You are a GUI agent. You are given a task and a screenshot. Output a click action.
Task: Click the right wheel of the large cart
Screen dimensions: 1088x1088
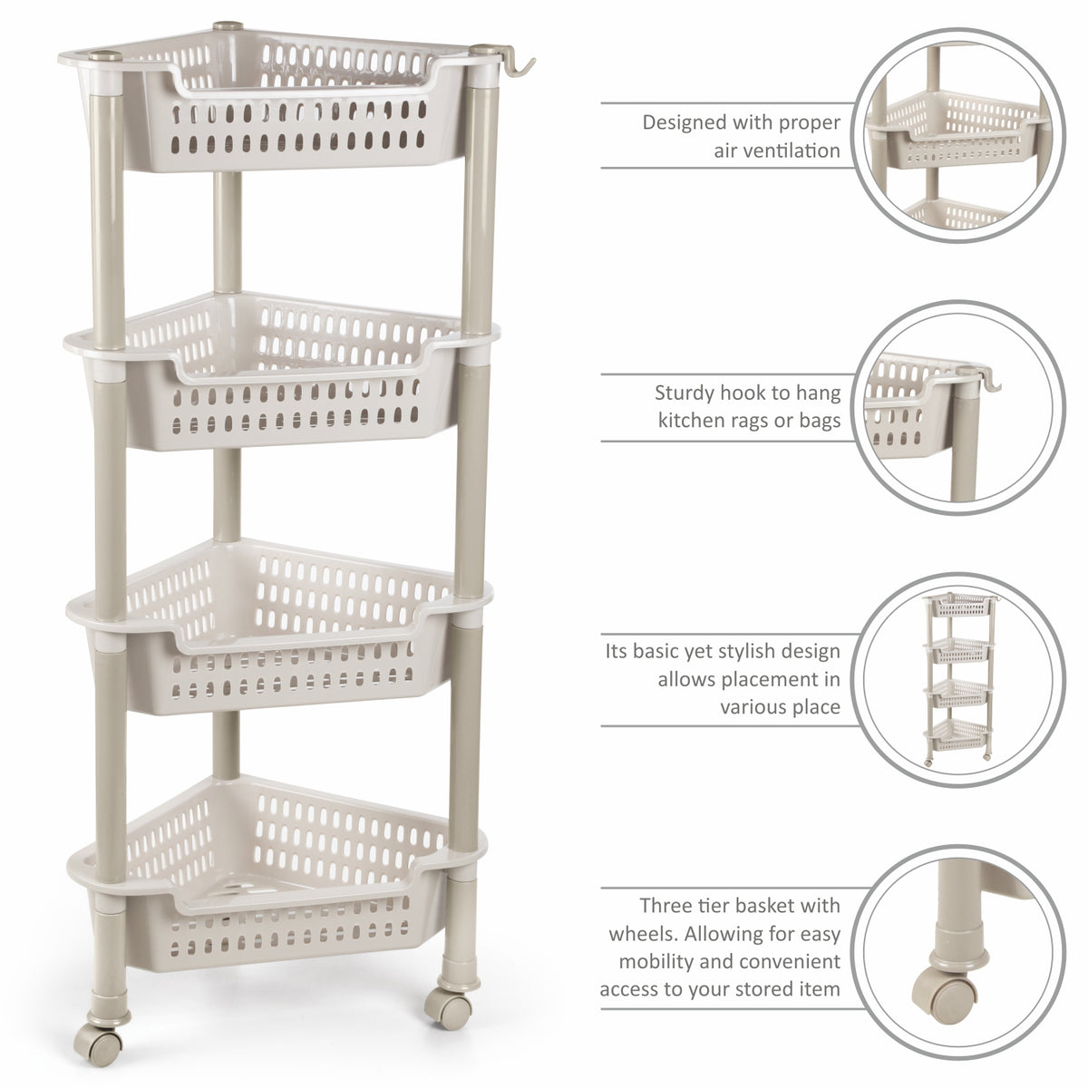(448, 1008)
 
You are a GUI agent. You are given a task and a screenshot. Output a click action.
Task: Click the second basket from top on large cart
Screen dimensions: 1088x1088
(280, 373)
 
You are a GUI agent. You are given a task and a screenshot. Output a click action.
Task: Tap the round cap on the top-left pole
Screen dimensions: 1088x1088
(105, 56)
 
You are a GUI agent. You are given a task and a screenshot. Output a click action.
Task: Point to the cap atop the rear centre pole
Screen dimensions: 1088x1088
(228, 26)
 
